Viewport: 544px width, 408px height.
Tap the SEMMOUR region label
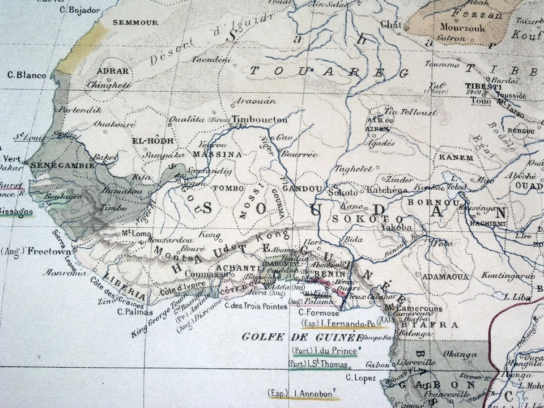[135, 23]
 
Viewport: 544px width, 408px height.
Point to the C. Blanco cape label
[27, 74]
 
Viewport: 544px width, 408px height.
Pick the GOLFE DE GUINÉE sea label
[302, 337]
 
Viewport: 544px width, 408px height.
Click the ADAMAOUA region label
[445, 277]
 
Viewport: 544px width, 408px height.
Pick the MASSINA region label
[217, 154]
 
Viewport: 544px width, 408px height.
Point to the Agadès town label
[381, 143]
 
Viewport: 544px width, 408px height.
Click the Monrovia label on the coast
[67, 273]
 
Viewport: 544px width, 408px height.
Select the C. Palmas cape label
[135, 312]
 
